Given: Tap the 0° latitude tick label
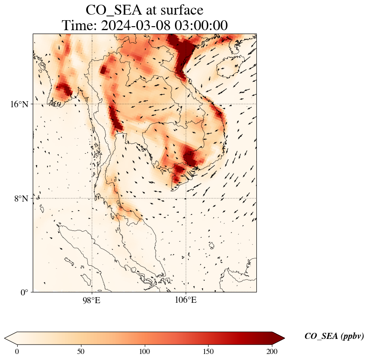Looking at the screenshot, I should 25,293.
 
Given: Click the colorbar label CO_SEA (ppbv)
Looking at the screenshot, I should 334,337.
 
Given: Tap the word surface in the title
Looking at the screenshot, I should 179,10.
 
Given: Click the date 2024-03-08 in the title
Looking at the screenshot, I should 136,26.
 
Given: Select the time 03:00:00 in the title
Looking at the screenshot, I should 201,26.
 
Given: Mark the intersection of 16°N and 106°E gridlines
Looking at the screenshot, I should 186,104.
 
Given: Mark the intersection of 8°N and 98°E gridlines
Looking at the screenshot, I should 92,199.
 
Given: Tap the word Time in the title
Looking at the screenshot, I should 77,26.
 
